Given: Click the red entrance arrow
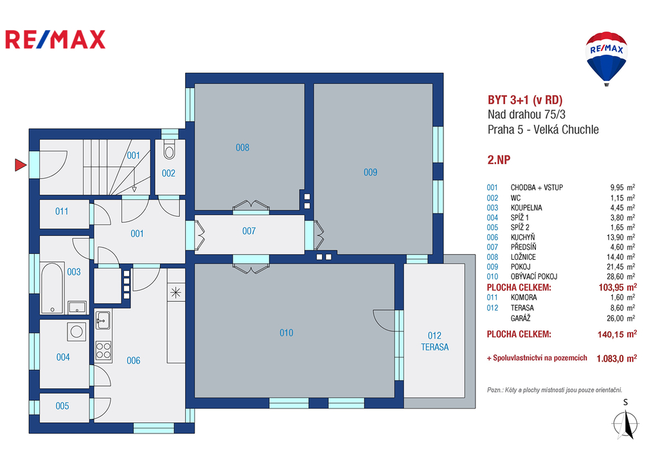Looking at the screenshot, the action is tap(20, 165).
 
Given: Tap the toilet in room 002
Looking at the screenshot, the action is tap(169, 150).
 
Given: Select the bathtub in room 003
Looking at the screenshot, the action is tap(52, 287).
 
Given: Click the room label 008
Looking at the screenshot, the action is tap(242, 147).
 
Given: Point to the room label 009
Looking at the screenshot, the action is tap(371, 172).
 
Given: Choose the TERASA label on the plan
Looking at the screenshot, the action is tap(435, 347).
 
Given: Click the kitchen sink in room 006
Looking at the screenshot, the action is tap(103, 320).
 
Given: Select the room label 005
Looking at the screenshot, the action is tap(62, 406).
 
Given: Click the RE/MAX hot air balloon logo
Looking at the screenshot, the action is tap(607, 59).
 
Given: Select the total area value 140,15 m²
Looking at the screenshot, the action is tap(618, 334).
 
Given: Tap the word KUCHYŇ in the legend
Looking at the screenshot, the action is tap(523, 237).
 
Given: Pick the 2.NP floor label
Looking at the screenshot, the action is tap(499, 160).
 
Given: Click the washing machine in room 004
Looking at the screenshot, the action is tap(77, 331).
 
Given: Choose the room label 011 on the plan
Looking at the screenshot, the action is tap(62, 212).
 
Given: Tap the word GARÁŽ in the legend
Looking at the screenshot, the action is tap(520, 318).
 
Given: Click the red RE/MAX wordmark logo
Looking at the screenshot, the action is tap(55, 39).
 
